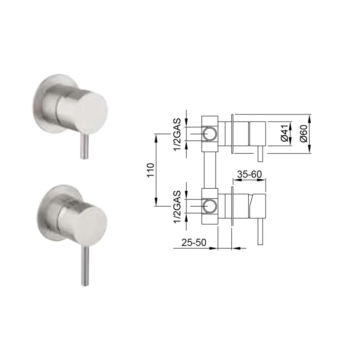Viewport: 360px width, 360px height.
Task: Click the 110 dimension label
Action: pos(151,170)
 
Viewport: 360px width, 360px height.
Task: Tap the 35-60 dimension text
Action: pos(249,175)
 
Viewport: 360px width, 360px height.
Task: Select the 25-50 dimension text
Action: pos(194,242)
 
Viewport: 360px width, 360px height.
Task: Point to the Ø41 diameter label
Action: pos(285,133)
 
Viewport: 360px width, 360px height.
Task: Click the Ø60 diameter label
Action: pos(304,133)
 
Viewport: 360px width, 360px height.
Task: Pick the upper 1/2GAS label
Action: pos(177,135)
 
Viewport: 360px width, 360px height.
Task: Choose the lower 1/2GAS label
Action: pos(177,207)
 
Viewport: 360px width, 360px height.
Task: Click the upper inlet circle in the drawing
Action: pos(209,134)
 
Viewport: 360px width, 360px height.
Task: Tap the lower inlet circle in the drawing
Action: pos(209,206)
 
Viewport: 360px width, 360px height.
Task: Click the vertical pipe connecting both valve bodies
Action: pos(210,170)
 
